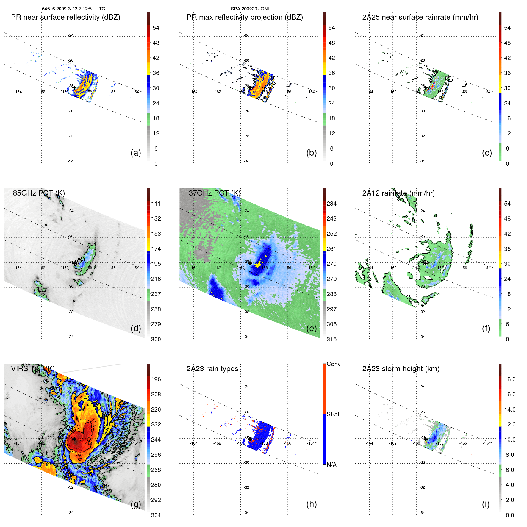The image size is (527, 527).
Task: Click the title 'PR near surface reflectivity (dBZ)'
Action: coord(65,17)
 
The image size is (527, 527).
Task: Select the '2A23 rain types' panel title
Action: coord(212,369)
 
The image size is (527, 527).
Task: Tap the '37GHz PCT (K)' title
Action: coord(214,193)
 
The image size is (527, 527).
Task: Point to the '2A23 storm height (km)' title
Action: coord(401,369)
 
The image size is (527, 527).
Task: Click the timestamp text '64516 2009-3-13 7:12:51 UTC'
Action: coord(74,9)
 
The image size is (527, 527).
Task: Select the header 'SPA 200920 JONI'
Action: coord(250,9)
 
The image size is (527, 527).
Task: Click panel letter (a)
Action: coord(136,153)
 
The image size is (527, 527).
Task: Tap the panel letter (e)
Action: coord(311,328)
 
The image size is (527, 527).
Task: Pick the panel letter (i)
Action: coord(486,504)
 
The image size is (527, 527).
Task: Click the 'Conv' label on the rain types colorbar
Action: coord(333,364)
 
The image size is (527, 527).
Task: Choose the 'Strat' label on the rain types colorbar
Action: coord(333,414)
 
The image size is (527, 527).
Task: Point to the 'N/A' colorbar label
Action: coord(331,465)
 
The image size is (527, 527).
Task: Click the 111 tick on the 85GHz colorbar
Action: coord(156,204)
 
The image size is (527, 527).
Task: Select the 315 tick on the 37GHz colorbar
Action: coord(331,339)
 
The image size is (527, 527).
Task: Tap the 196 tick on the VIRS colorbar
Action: coord(156,379)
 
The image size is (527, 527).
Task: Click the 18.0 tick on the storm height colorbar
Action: coord(509,379)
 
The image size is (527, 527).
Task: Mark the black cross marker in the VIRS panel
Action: coord(74,439)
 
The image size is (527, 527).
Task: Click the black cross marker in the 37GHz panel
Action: coord(250,263)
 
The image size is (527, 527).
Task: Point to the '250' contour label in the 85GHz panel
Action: coord(80,261)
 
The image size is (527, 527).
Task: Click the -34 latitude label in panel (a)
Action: coord(71,161)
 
